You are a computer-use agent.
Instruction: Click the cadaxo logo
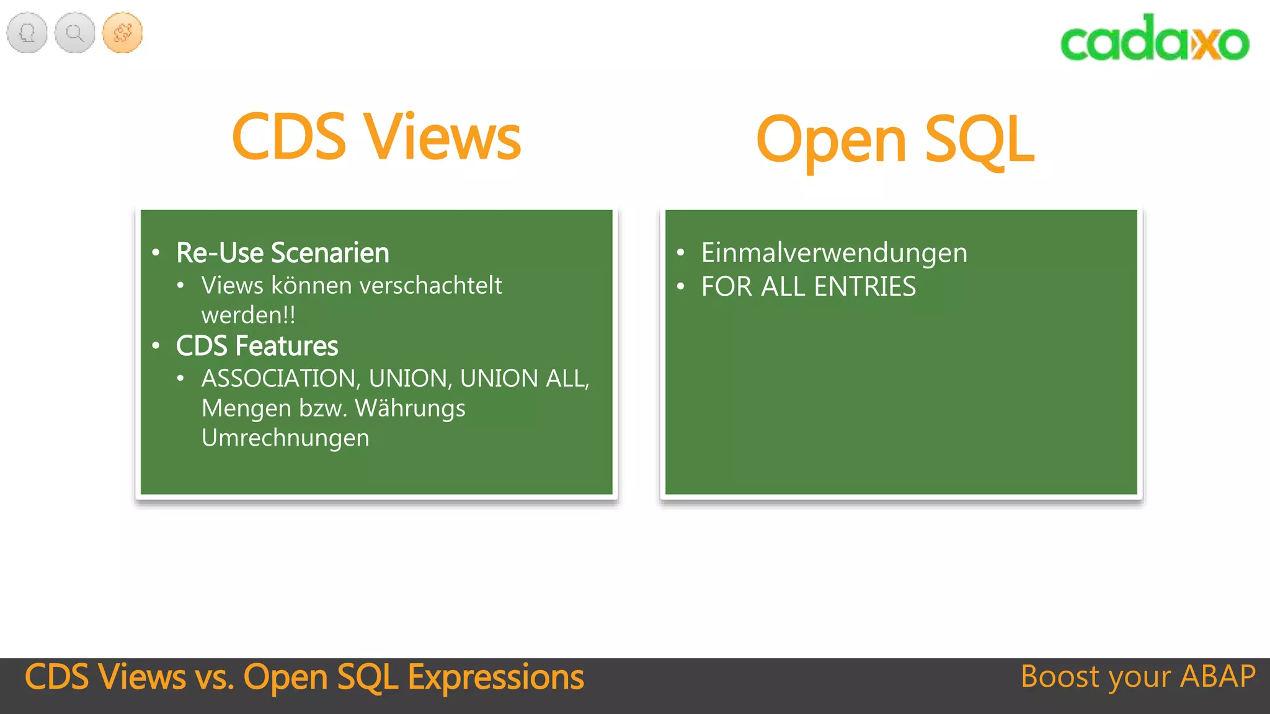1154,38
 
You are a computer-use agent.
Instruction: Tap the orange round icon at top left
122,32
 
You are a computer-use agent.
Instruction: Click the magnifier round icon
74,32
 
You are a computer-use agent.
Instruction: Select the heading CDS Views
376,137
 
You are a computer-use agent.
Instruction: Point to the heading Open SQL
895,139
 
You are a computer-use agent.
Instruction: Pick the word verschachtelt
430,286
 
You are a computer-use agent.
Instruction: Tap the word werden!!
248,315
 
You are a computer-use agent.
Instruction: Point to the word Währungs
410,409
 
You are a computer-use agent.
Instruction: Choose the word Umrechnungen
285,438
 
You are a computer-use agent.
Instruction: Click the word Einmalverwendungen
834,253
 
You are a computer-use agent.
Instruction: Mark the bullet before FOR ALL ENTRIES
680,286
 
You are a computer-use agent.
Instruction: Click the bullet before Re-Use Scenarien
156,252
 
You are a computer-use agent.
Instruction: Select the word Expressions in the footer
495,677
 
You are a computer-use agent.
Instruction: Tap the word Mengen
246,409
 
